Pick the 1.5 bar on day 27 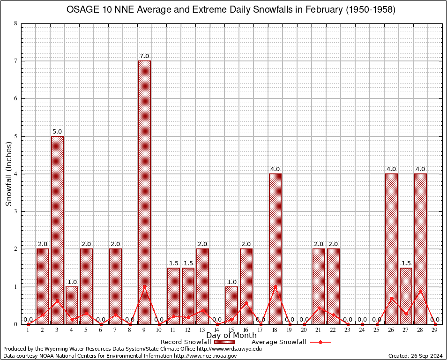pyautogui.click(x=406, y=296)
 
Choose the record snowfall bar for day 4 pyautogui.click(x=72, y=305)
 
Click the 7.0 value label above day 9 pyautogui.click(x=144, y=56)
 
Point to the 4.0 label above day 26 pyautogui.click(x=391, y=169)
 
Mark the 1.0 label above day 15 pyautogui.click(x=231, y=282)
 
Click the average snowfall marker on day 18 pyautogui.click(x=275, y=286)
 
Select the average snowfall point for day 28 pyautogui.click(x=420, y=291)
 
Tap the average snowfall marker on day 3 pyautogui.click(x=57, y=301)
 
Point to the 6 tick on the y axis pyautogui.click(x=16, y=98)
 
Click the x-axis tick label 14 pyautogui.click(x=217, y=330)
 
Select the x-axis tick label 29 pyautogui.click(x=435, y=330)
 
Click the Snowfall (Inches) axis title pyautogui.click(x=9, y=174)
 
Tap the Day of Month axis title pyautogui.click(x=231, y=336)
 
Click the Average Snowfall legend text pyautogui.click(x=279, y=342)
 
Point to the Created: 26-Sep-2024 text pyautogui.click(x=415, y=356)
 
